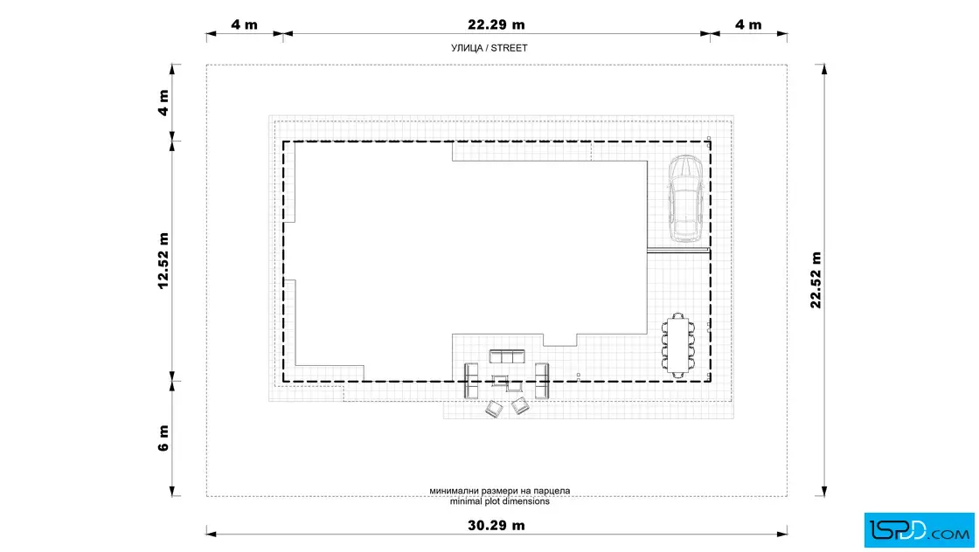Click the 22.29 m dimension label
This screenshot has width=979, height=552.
point(496,25)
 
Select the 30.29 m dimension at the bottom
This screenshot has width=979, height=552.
point(496,525)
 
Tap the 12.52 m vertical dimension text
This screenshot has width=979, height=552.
point(163,261)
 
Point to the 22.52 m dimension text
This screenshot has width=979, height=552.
point(816,280)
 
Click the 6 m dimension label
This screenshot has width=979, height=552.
point(163,438)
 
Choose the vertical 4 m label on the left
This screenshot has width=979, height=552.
point(163,103)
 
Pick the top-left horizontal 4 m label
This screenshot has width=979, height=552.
point(244,25)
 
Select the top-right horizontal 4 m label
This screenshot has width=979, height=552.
point(748,25)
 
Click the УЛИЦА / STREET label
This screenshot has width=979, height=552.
point(489,48)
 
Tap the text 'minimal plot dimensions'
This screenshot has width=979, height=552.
point(499,501)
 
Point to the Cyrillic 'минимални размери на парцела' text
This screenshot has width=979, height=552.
point(499,491)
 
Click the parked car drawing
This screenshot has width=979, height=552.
point(686,198)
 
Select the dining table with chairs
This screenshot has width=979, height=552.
point(678,345)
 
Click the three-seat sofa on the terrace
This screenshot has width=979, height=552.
point(507,356)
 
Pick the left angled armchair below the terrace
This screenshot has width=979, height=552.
point(494,409)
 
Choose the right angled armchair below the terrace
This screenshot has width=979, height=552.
point(520,406)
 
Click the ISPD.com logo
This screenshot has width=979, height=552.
point(919,530)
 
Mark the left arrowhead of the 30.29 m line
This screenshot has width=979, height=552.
point(211,534)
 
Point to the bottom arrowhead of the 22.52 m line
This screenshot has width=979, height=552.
point(824,492)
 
